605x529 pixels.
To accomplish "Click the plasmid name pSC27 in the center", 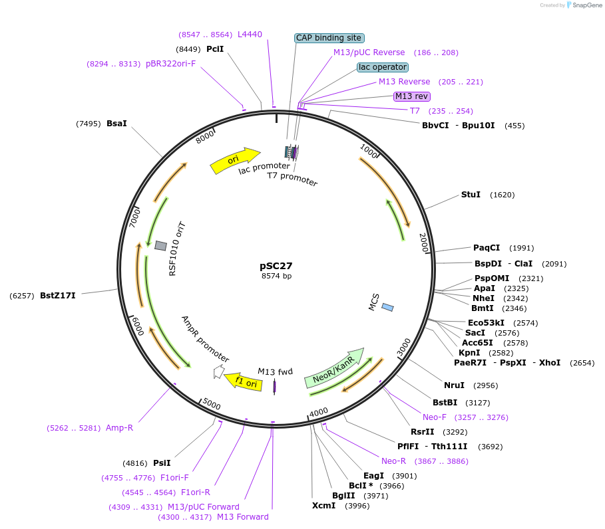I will [x=276, y=265].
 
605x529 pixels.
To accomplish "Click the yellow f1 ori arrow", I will [x=244, y=381].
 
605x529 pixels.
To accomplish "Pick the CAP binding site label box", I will [x=329, y=38].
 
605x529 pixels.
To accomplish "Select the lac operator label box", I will [x=382, y=67].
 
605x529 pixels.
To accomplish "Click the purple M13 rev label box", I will [x=412, y=96].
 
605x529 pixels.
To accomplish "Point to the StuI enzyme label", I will [x=471, y=195].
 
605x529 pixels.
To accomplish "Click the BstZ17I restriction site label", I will [x=58, y=295].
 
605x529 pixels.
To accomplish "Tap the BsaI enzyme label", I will [x=116, y=123].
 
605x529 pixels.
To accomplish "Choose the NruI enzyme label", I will [x=454, y=385].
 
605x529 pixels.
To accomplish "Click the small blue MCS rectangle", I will [x=387, y=307].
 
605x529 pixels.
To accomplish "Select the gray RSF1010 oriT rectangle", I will [x=160, y=246].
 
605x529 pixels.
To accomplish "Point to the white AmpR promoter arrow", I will [x=218, y=372].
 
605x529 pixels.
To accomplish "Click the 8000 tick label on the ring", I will [x=205, y=136].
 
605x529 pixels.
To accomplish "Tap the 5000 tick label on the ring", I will [x=212, y=403].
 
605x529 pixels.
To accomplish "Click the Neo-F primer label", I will [x=435, y=417].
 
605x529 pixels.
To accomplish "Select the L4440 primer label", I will [x=250, y=34].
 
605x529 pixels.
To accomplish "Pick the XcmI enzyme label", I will [x=323, y=506].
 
